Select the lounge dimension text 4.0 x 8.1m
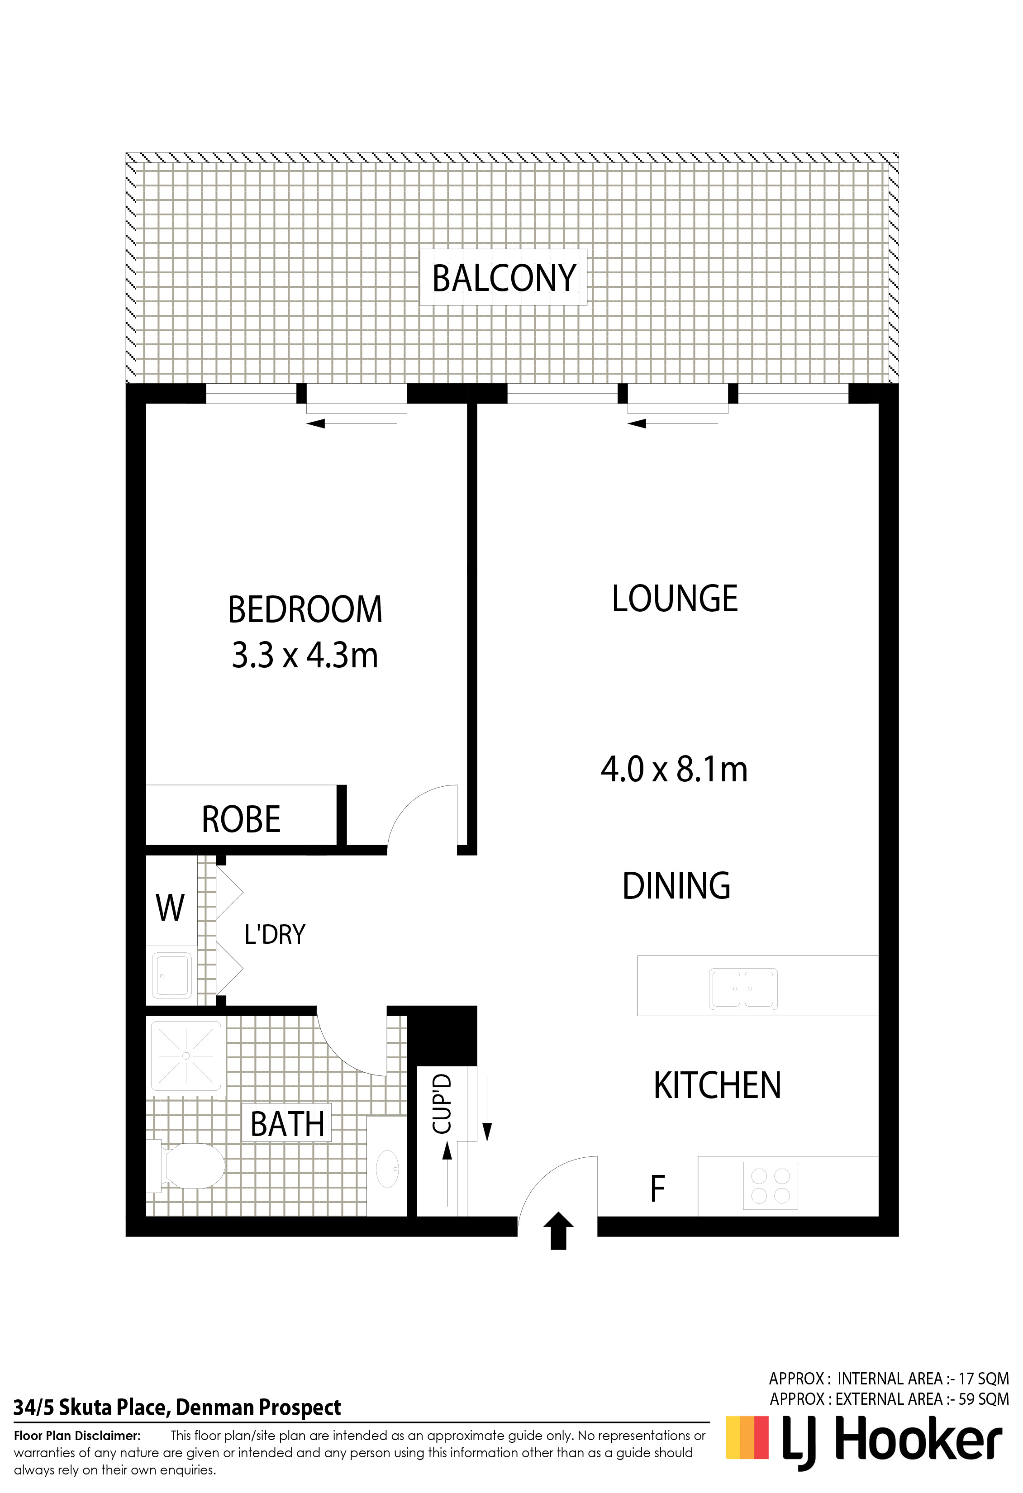coord(674,769)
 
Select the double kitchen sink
coord(743,989)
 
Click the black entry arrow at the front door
coord(558,1231)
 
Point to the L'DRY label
coord(274,934)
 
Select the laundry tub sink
coord(171,975)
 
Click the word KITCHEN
coord(717,1086)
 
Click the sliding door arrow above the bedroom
coord(352,423)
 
